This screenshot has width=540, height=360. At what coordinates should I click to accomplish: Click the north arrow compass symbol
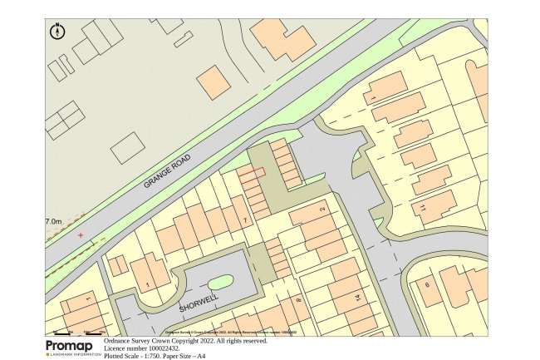coord(57,32)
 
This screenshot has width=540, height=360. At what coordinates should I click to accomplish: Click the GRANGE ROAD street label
coord(167,170)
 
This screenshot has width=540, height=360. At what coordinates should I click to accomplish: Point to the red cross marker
coord(81,235)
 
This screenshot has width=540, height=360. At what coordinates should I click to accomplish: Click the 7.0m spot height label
coord(53,222)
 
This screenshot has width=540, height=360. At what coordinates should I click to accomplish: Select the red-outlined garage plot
coord(253,175)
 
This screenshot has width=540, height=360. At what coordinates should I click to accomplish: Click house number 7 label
coord(244,219)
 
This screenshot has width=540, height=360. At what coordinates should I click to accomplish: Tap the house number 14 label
coord(359,297)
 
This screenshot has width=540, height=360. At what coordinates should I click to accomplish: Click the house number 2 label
coord(322,209)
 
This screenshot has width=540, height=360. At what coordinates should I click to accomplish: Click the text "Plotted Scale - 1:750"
coord(135,356)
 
